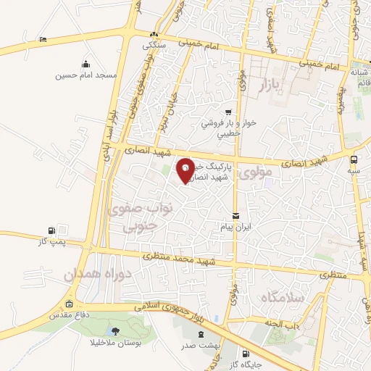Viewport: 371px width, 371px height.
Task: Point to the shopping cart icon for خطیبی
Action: coord(228,112)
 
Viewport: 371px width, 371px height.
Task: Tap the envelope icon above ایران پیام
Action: coord(236,216)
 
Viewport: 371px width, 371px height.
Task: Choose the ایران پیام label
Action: coord(237,227)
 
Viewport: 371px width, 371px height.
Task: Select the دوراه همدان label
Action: coord(69,276)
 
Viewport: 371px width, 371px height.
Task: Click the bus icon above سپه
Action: coord(354,159)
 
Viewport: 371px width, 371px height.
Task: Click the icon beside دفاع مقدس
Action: coord(70,304)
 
